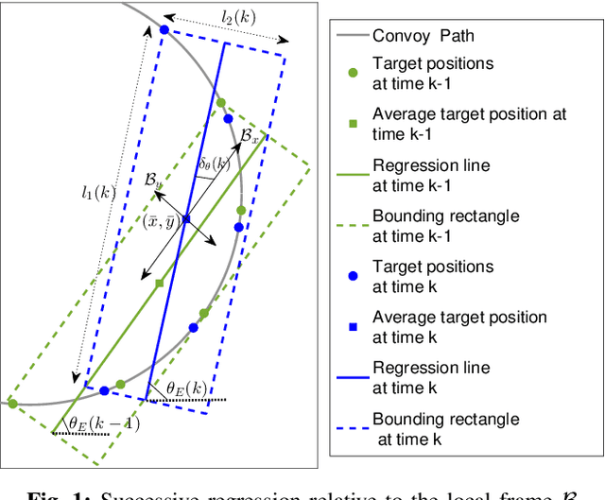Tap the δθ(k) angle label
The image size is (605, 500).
(x=214, y=164)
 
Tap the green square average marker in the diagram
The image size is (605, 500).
(x=159, y=283)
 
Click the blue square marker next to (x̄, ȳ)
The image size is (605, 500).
(x=186, y=218)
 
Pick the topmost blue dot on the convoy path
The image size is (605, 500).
(x=164, y=30)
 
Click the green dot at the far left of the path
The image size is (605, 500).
(x=12, y=404)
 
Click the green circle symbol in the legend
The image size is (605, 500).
(x=352, y=72)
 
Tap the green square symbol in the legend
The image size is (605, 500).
(x=352, y=122)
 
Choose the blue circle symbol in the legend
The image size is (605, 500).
(x=352, y=276)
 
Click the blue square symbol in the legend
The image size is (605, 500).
(x=352, y=326)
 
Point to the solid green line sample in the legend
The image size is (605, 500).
(x=352, y=173)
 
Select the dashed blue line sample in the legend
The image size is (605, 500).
(x=352, y=428)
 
